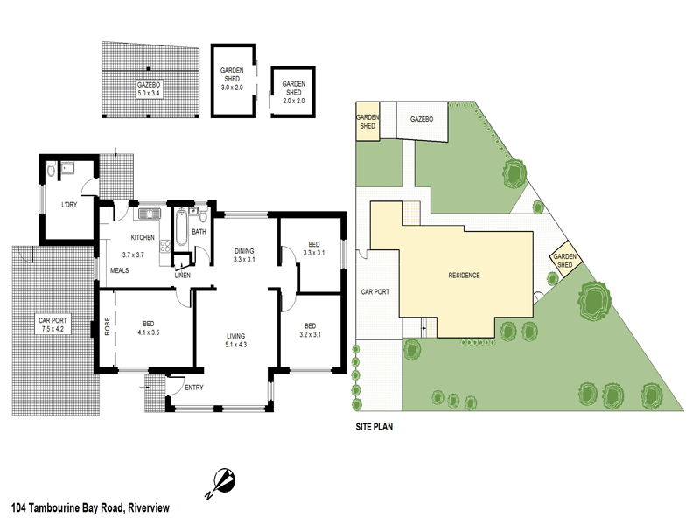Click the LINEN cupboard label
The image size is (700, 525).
click(x=183, y=276)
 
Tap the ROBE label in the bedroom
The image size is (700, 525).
click(x=106, y=325)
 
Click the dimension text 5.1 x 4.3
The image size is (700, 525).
click(x=235, y=345)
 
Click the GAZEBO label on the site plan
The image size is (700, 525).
click(x=423, y=120)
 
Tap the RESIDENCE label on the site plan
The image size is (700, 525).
click(x=464, y=276)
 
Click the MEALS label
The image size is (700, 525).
click(x=119, y=270)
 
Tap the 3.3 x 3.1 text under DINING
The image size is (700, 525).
click(x=244, y=260)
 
